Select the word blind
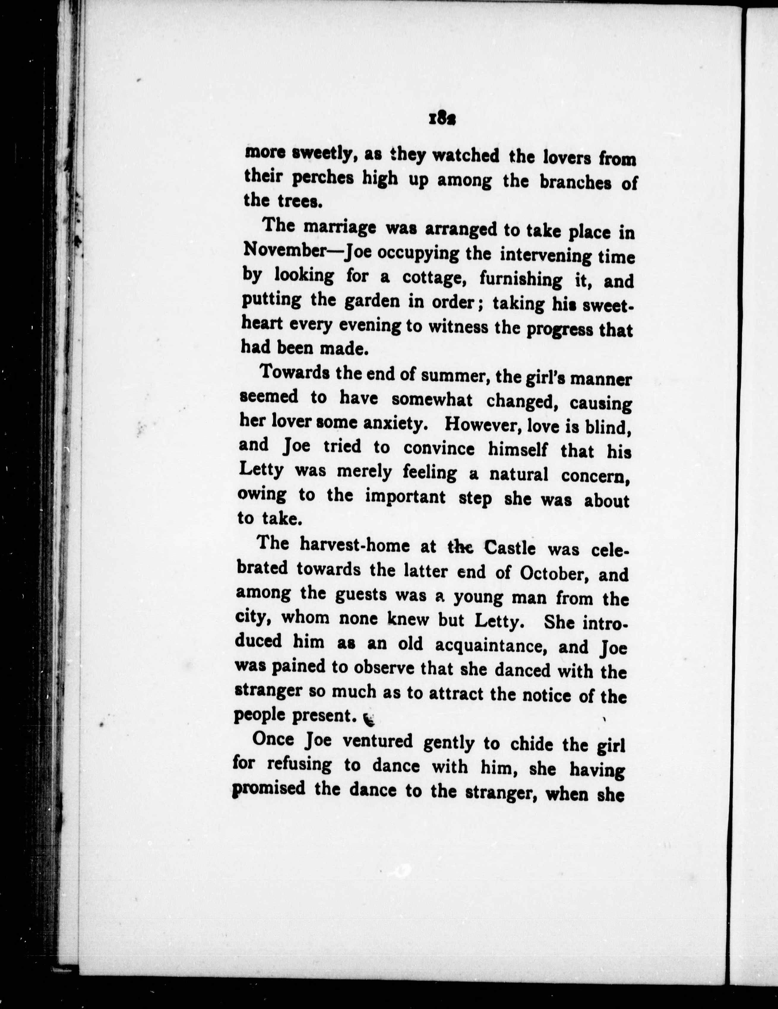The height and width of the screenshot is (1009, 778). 608,427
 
